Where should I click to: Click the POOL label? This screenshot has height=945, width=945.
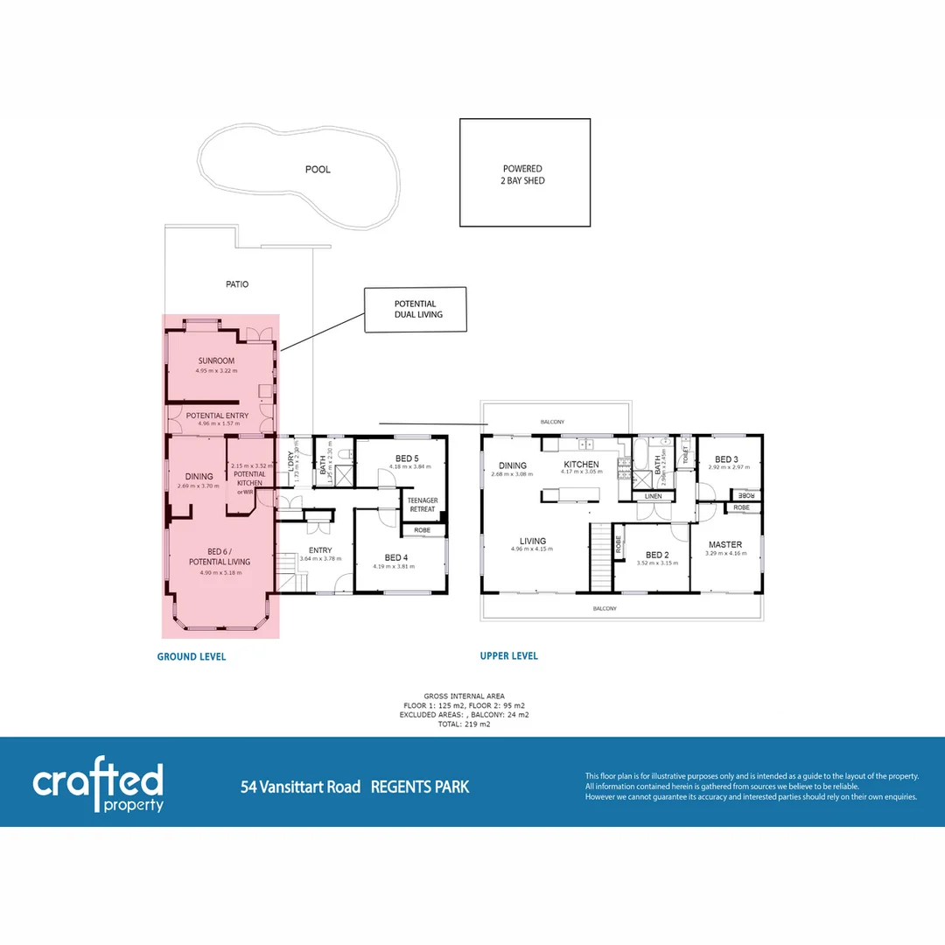(318, 170)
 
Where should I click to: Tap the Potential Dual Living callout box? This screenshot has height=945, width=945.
(415, 309)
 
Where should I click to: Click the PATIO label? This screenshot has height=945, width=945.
(236, 284)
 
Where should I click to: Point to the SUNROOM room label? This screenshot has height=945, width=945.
(216, 360)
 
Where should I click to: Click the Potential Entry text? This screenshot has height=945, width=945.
(218, 416)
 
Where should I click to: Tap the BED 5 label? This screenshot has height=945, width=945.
(407, 458)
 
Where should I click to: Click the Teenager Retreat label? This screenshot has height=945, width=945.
(423, 505)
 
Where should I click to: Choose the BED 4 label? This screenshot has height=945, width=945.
(395, 557)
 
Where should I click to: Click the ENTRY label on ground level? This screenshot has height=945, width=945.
(320, 550)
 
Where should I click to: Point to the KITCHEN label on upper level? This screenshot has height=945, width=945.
(581, 465)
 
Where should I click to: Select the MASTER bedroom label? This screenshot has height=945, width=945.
(725, 544)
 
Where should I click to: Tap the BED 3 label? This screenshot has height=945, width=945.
(726, 459)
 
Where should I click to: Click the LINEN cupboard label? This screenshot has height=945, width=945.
(653, 497)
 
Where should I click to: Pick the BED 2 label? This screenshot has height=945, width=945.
(657, 555)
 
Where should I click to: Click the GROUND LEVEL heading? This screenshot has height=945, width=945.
(191, 656)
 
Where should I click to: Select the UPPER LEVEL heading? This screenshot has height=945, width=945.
(508, 655)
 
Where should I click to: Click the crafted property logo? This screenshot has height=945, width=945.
(98, 787)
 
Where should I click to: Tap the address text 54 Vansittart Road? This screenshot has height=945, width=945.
(300, 787)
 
